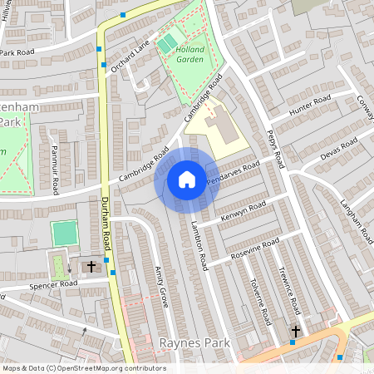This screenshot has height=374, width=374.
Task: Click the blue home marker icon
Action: [187, 180]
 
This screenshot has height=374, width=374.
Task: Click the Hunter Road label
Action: [310, 106]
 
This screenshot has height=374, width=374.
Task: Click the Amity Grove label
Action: [161, 287]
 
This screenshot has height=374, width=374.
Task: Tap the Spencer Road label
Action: [53, 284]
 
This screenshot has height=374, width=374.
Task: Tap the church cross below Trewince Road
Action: [294, 331]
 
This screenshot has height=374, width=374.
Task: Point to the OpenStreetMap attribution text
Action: [83, 368]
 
